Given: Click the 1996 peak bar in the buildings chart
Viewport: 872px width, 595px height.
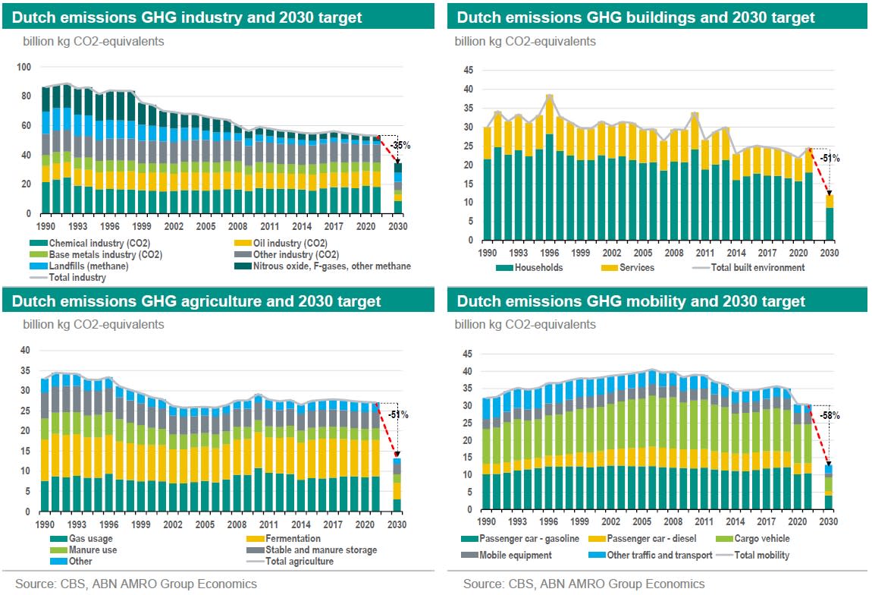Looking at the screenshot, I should point(550,166).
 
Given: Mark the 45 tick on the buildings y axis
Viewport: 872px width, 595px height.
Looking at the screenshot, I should point(468,71).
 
